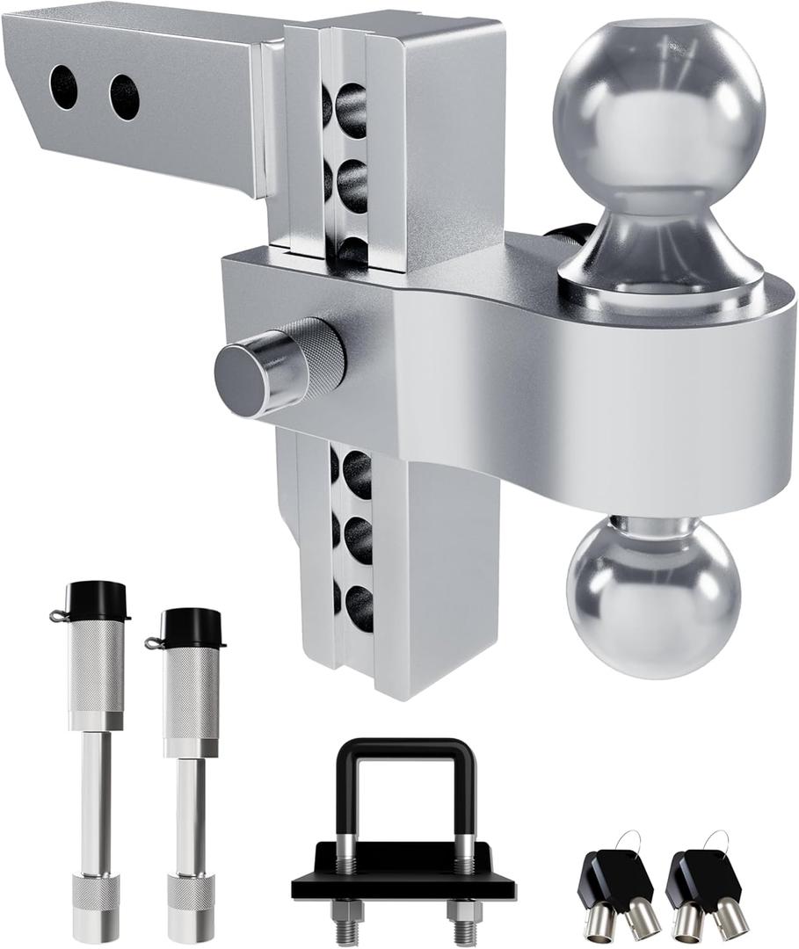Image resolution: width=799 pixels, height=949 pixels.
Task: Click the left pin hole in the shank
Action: (64, 88)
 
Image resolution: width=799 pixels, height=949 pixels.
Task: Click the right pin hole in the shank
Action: (124, 97)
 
